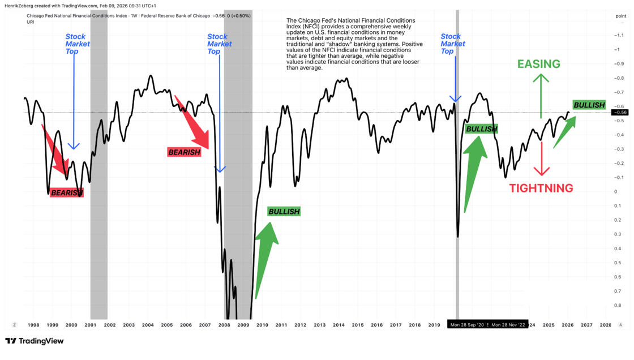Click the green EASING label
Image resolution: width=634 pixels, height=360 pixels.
tap(538, 64)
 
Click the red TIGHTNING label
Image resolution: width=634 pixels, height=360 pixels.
tap(541, 188)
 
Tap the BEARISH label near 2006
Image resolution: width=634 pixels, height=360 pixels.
tap(184, 152)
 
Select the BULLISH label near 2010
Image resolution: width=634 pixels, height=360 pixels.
tap(284, 211)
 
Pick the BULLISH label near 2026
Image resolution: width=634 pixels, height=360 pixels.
tap(589, 105)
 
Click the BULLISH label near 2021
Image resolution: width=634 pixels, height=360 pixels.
tap(481, 129)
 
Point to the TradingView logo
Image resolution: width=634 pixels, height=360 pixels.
tap(35, 341)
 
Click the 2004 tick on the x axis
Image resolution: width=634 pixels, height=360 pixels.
tap(148, 325)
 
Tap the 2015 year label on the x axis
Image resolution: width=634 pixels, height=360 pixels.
tap(358, 325)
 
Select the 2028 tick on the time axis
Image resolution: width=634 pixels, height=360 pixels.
tap(605, 325)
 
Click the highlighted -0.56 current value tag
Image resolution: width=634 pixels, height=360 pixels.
tap(620, 112)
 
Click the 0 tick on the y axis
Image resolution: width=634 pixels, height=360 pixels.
tap(615, 192)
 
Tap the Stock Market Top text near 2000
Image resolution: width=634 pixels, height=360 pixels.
tap(77, 44)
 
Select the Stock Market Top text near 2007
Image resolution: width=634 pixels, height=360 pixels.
tap(219, 44)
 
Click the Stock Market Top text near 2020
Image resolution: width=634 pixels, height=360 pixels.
tap(453, 44)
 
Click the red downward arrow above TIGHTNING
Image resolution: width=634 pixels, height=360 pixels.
tap(542, 158)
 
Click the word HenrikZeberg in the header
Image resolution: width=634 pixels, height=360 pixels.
tap(20, 6)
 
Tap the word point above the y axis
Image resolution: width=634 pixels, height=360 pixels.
tap(620, 16)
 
